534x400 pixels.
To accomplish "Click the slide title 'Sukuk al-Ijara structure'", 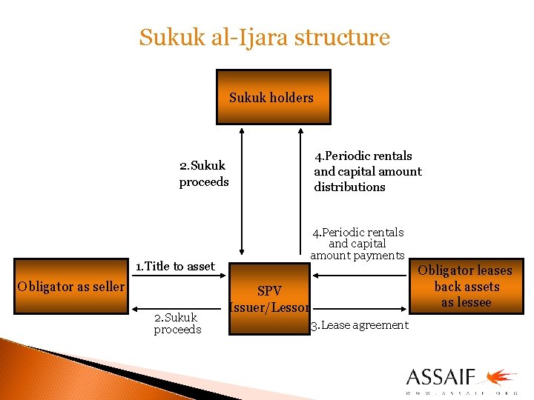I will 264,37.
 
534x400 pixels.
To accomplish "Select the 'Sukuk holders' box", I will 272,97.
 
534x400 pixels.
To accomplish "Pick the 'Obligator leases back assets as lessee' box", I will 466,286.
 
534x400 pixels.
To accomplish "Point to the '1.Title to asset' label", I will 175,266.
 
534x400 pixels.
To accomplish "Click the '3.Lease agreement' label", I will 359,325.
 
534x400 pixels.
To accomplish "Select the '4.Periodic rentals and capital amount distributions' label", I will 367,171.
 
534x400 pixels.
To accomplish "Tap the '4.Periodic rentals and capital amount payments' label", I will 357,244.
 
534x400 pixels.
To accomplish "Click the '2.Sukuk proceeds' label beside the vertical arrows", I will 204,173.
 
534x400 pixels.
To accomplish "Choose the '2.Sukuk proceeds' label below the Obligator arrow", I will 177,324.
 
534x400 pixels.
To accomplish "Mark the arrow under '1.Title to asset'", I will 178,276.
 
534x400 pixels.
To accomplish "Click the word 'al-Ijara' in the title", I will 255,37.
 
